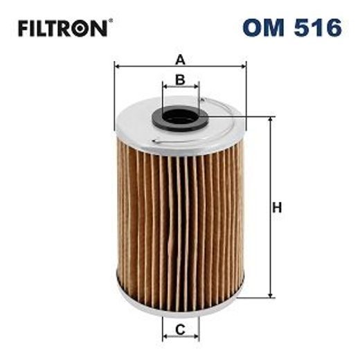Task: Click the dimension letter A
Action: tap(180, 58)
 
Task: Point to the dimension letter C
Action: tap(180, 330)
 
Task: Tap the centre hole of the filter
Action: tap(181, 117)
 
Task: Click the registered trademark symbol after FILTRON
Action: tap(111, 21)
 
